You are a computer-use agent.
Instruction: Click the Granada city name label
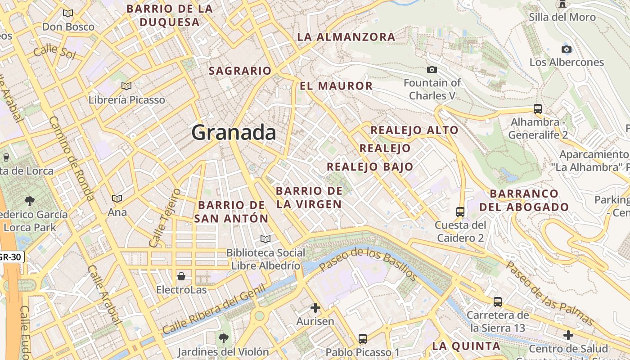[234, 133]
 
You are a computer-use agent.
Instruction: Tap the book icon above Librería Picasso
[126, 85]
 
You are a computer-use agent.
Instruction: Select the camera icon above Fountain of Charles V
[432, 69]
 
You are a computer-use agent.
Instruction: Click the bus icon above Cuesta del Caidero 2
[460, 211]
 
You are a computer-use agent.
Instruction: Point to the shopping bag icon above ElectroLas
[181, 276]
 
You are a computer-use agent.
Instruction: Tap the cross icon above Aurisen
[315, 308]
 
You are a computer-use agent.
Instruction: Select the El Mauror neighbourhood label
[336, 86]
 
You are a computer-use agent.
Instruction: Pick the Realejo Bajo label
[369, 166]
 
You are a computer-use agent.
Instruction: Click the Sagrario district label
[240, 71]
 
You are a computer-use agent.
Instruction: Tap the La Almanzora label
[346, 37]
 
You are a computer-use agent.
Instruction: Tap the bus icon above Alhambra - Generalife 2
[537, 108]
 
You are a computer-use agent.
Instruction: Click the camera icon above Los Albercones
[567, 49]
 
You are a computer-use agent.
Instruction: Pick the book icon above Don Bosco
[68, 13]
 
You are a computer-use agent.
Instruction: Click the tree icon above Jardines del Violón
[223, 337]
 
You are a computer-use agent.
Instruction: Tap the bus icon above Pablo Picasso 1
[363, 338]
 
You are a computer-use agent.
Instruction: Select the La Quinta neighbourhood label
[466, 346]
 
